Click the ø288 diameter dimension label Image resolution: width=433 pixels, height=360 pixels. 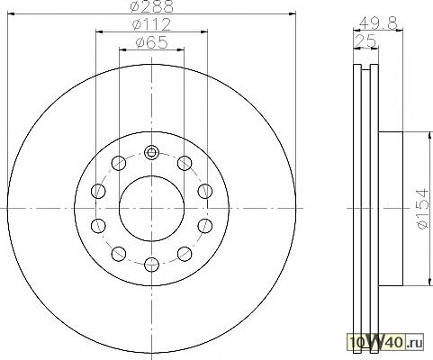click(x=152, y=6)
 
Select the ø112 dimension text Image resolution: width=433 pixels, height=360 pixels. click(x=151, y=24)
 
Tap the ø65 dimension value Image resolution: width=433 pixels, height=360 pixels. click(x=151, y=42)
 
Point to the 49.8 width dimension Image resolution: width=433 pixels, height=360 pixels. click(x=378, y=22)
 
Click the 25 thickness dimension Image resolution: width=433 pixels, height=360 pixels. click(x=365, y=40)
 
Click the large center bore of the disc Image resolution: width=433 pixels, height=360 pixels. click(x=151, y=208)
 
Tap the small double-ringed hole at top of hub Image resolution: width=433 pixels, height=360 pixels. click(x=151, y=152)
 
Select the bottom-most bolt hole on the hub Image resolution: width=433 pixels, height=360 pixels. click(x=151, y=265)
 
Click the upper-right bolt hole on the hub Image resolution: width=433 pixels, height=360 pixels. click(x=185, y=163)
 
